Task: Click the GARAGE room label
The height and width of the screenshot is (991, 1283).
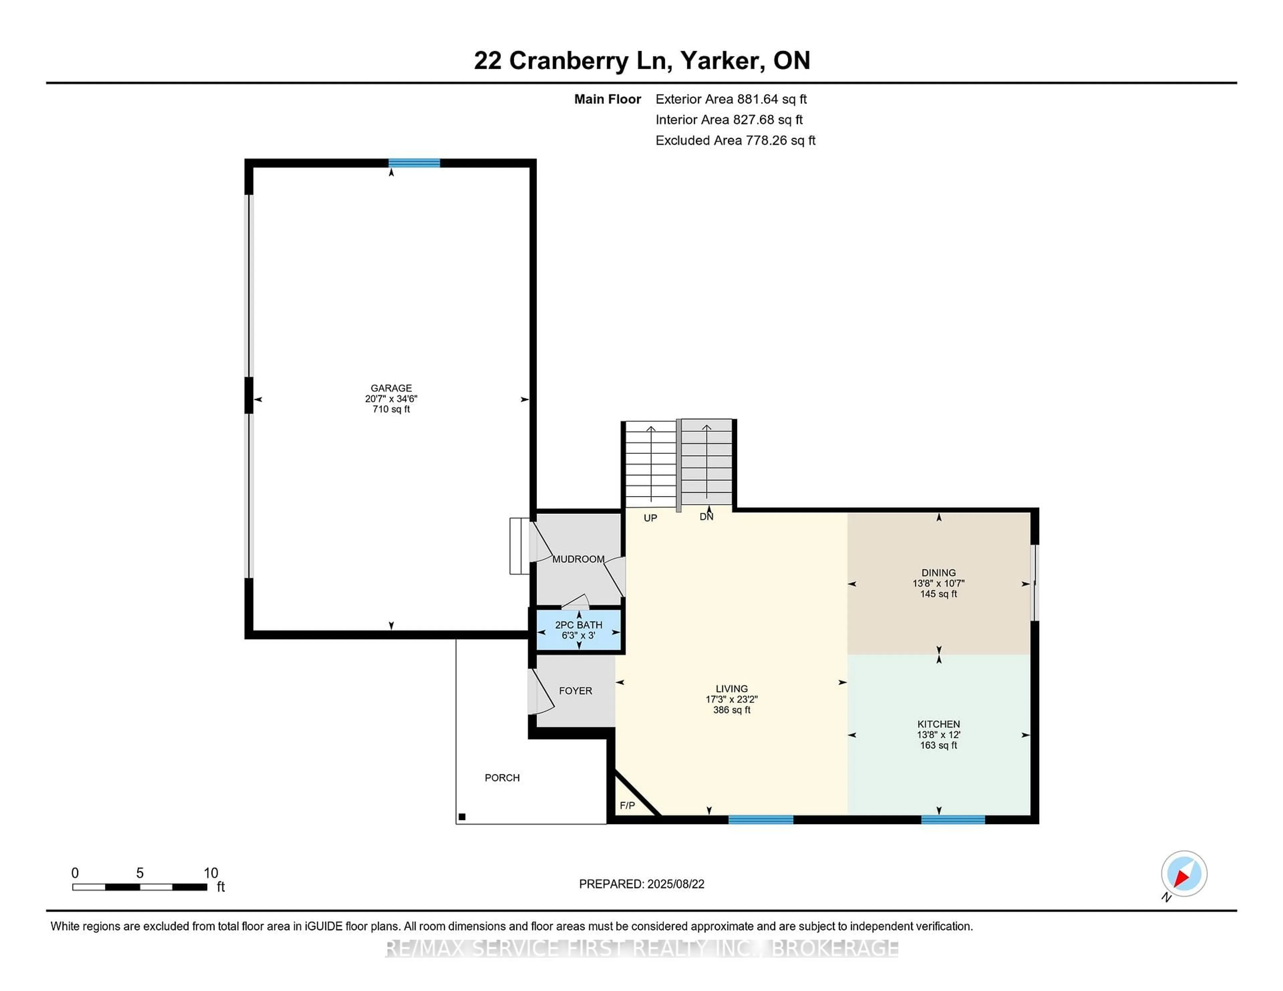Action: click(391, 388)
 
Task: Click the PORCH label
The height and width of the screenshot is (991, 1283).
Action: click(502, 778)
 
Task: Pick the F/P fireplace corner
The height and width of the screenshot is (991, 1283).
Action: click(627, 805)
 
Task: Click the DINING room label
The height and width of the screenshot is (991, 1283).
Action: click(939, 572)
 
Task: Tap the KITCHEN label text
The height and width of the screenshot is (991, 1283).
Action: click(939, 724)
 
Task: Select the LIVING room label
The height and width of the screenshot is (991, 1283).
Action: click(732, 688)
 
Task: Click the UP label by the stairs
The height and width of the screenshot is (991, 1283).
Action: click(650, 518)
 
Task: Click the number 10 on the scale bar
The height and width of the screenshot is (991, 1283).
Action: click(211, 873)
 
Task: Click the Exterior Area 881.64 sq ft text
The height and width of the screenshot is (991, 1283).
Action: click(731, 99)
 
